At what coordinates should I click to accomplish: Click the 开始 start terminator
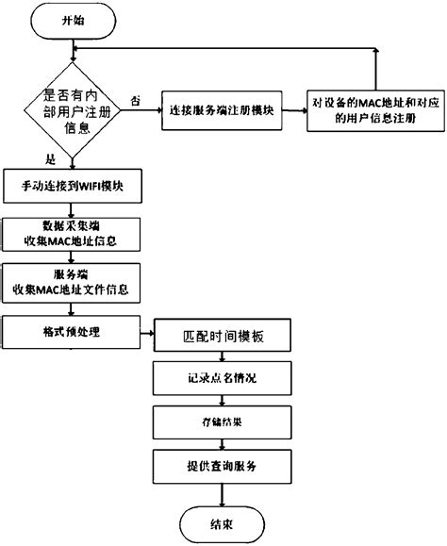(72, 19)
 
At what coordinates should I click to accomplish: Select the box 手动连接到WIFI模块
(72, 185)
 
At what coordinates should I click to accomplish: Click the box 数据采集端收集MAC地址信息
(72, 235)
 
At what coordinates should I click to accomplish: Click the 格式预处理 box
(72, 331)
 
